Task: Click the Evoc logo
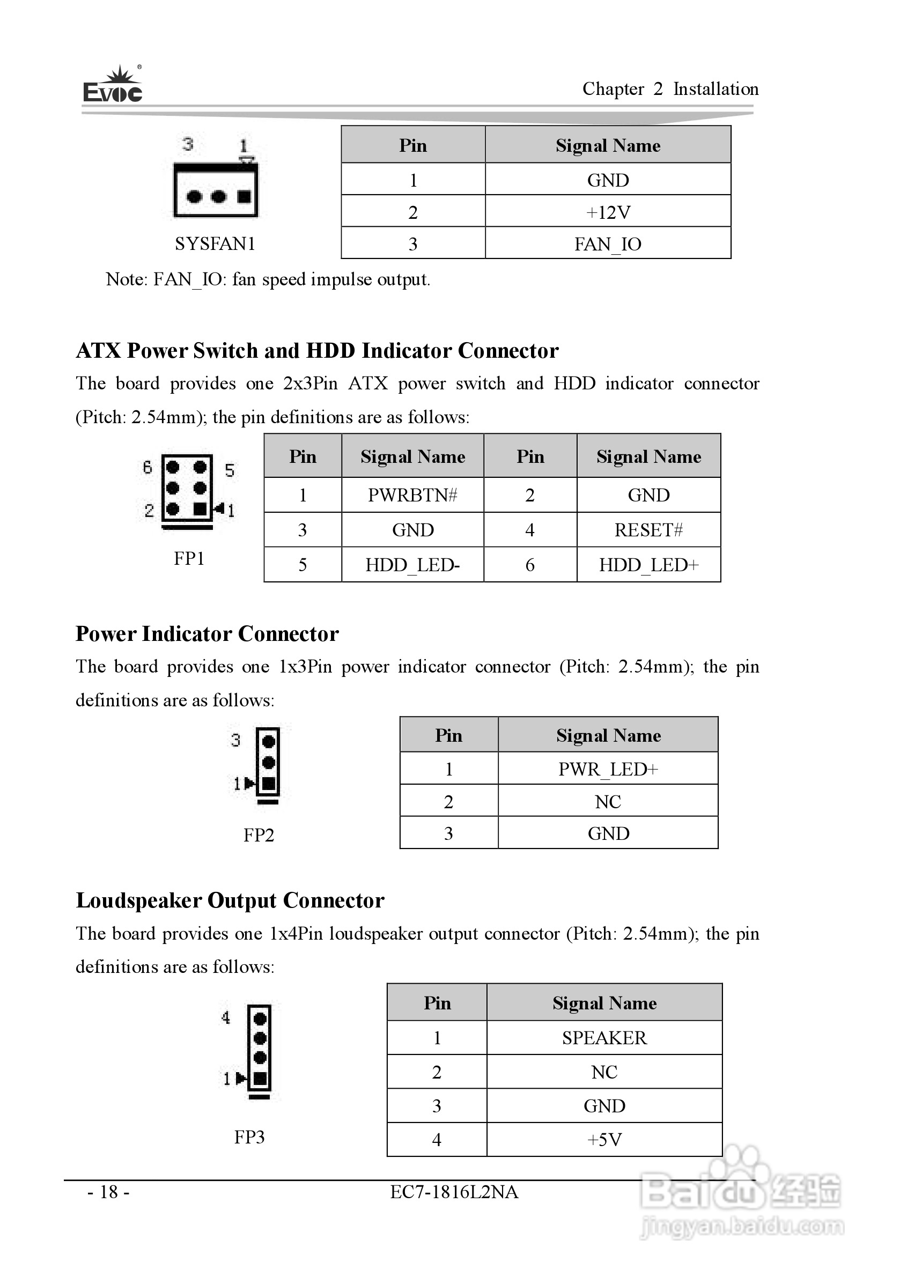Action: pyautogui.click(x=113, y=86)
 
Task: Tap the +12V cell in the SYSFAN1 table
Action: pyautogui.click(x=608, y=212)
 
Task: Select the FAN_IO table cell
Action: pyautogui.click(x=608, y=244)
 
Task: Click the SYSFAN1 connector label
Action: pyautogui.click(x=215, y=243)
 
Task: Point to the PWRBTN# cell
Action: pyautogui.click(x=413, y=495)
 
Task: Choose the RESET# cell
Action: pyautogui.click(x=648, y=530)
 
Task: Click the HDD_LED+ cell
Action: pyautogui.click(x=648, y=565)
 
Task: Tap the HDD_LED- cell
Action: pyautogui.click(x=413, y=565)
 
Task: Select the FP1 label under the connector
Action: pyautogui.click(x=189, y=558)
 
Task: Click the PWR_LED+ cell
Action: pyautogui.click(x=608, y=769)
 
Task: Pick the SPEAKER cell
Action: pyautogui.click(x=604, y=1038)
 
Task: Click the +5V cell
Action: pyautogui.click(x=604, y=1140)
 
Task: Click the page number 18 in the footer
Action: pyautogui.click(x=109, y=1192)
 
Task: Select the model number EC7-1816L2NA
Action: pyautogui.click(x=454, y=1192)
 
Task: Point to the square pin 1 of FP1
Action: pyautogui.click(x=200, y=509)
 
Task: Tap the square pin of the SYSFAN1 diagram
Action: pyautogui.click(x=244, y=196)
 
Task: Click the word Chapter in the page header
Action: pyautogui.click(x=613, y=89)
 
